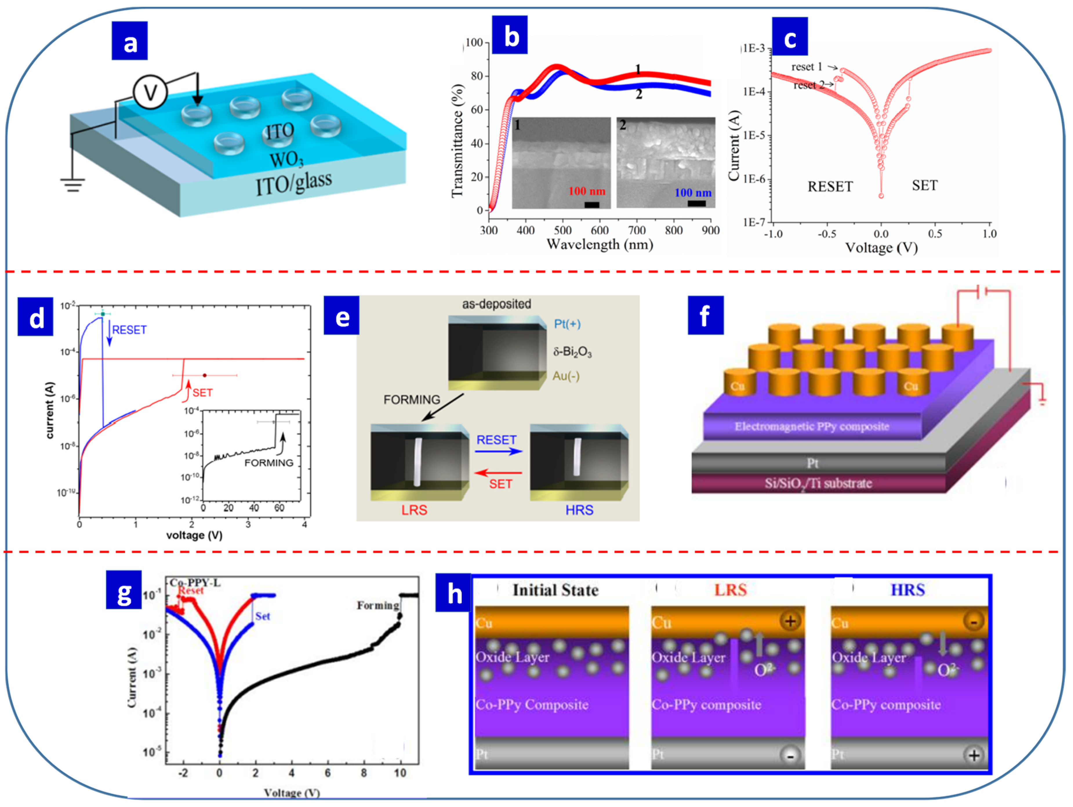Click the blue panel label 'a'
130,41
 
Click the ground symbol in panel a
73,184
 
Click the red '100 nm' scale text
587,191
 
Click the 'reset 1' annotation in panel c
807,67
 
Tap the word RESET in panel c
830,187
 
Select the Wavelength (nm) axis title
600,244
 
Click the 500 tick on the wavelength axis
563,230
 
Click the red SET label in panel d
203,393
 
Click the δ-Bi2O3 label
572,352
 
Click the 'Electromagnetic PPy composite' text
811,427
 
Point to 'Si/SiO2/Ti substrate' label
818,483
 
